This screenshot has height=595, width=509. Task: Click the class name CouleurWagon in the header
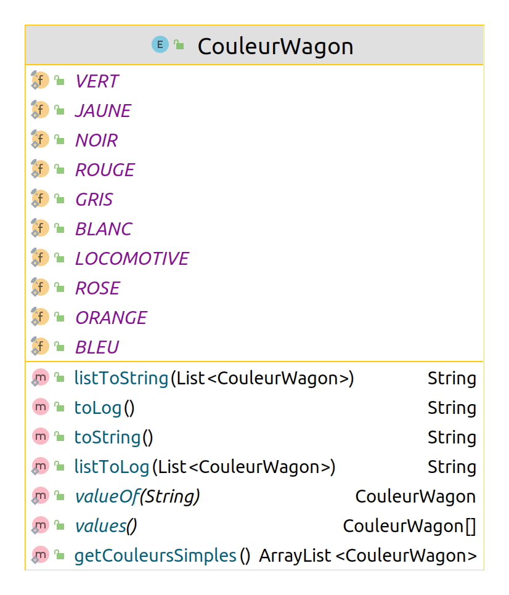coord(275,47)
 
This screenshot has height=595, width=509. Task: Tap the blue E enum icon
coord(160,44)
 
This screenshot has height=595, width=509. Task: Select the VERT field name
coord(97,81)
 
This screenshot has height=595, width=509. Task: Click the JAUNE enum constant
coord(103,111)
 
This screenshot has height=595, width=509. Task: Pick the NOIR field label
coord(96,140)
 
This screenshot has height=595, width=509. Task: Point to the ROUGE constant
coord(105,170)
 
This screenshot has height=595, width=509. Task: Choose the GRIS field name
coord(94,200)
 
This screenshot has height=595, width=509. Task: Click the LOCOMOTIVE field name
coord(132,259)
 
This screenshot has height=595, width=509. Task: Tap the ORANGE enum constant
coord(111,318)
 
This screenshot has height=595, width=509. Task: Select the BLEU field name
coord(97,347)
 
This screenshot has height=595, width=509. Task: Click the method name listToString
coord(121,378)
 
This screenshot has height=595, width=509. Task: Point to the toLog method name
coord(98,408)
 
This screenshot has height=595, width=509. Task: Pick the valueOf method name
coord(107,496)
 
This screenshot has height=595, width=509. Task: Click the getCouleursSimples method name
coord(155,556)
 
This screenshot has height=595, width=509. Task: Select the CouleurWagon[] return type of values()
coord(409,526)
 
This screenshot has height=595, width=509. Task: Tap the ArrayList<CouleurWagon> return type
coord(368,556)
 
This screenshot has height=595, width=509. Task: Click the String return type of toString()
coord(452,437)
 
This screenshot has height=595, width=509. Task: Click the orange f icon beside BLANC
coord(40,229)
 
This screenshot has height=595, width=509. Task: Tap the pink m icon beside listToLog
coord(40,466)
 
